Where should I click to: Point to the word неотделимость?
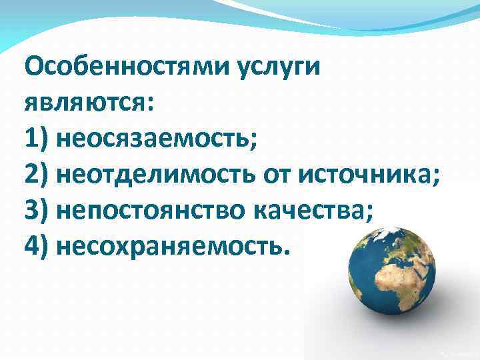click(x=157, y=175)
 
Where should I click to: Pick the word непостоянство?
click(x=153, y=211)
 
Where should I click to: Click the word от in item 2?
click(x=279, y=175)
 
